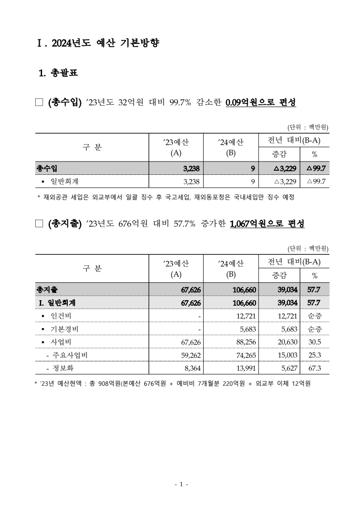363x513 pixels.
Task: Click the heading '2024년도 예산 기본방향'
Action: tap(105, 43)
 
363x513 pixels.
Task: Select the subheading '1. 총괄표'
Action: tap(58, 72)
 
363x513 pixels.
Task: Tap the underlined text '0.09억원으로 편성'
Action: tap(261, 102)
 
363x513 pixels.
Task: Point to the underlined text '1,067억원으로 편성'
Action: tap(268, 224)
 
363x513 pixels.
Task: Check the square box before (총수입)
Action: tap(38, 102)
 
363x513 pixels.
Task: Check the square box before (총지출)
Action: tap(38, 224)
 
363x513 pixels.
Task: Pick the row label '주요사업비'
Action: tap(70, 355)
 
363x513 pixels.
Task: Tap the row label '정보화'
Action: tap(64, 367)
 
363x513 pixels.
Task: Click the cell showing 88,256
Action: tap(244, 342)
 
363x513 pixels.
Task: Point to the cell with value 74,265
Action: tap(244, 355)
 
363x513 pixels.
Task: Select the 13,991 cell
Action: tap(244, 367)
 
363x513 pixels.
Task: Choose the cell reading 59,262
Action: tap(190, 355)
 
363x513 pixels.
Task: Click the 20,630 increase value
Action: tap(286, 342)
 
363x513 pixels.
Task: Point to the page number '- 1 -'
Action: tap(181, 484)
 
